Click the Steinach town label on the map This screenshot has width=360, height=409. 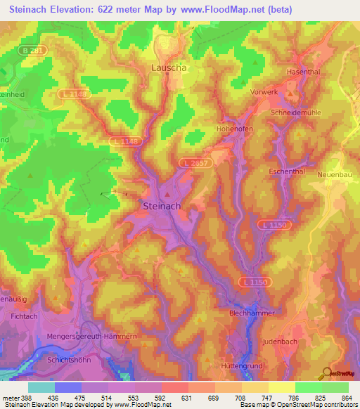tap(162, 206)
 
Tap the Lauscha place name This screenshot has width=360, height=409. tap(167, 68)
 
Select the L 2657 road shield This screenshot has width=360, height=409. tap(193, 162)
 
